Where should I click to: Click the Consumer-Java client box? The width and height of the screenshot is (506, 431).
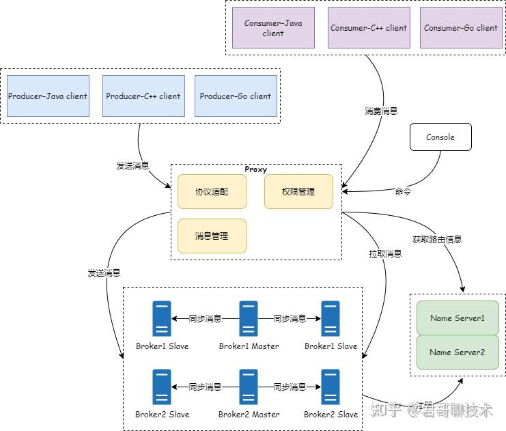coord(273,28)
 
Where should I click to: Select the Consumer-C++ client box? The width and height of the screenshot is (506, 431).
coord(369,28)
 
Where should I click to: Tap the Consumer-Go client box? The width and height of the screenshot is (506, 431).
coord(461,28)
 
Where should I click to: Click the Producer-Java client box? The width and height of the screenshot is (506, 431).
coord(48,96)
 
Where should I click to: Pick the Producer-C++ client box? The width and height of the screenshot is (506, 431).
coord(143,96)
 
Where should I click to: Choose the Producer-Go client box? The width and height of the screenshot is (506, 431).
coord(236,96)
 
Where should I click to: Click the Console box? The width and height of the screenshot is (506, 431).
coord(440,137)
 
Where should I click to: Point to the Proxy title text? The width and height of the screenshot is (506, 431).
coord(256,169)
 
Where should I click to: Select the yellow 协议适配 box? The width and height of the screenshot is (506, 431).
coord(212,192)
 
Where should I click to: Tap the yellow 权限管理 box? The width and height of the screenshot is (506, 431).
coord(298,192)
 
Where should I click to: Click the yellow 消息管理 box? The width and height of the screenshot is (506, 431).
coord(212,236)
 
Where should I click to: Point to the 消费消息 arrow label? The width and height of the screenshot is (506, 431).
coord(381,111)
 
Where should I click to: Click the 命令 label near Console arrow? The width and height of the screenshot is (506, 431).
coord(403,192)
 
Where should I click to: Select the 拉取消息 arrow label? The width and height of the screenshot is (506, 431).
coord(385,254)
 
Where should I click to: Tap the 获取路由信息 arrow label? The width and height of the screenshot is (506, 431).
coord(437,240)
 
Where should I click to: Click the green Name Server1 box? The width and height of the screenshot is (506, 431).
coord(458,318)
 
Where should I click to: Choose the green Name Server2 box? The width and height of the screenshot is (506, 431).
coord(458,352)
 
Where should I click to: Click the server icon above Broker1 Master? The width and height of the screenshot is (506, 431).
coord(249,319)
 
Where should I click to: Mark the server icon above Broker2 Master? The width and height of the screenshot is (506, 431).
coord(249,387)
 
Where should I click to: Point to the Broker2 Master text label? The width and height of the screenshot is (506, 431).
coord(249,414)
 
